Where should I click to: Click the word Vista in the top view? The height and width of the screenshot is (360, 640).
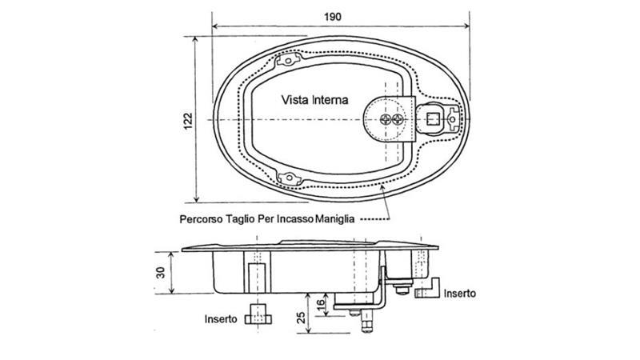296,101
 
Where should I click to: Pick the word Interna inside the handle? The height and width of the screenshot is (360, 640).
330,101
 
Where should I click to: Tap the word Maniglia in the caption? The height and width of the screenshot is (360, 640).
337,218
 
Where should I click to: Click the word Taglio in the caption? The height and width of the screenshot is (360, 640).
241,218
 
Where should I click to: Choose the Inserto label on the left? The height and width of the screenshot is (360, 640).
220,318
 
